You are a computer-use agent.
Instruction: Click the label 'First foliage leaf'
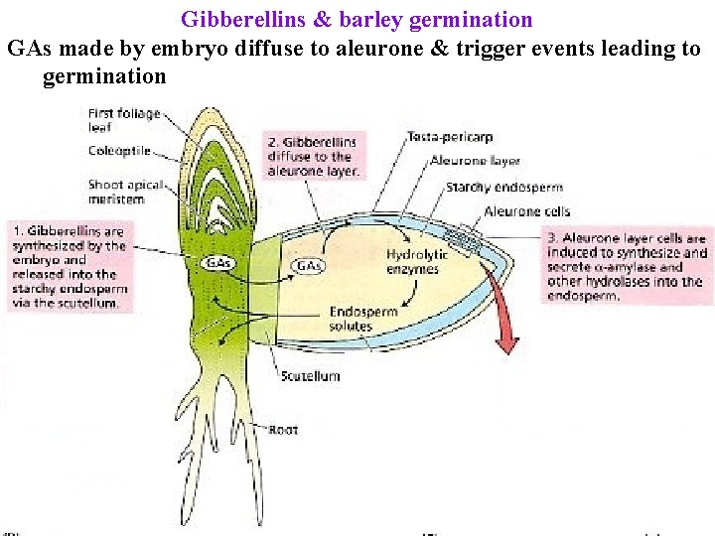click(124, 120)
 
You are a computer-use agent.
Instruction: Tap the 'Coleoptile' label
click(119, 151)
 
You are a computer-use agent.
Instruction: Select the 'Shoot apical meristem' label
click(119, 192)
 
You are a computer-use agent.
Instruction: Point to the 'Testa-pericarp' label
click(450, 137)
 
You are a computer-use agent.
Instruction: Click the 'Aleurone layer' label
click(475, 161)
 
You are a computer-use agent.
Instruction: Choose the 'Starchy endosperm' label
click(503, 187)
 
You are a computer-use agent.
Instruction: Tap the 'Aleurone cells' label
click(526, 211)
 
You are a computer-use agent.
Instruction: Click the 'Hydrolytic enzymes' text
click(416, 262)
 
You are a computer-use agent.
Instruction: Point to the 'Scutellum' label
click(310, 376)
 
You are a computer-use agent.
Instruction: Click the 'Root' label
click(284, 430)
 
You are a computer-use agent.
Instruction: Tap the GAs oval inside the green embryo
click(218, 263)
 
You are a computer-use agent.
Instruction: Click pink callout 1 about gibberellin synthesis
click(70, 266)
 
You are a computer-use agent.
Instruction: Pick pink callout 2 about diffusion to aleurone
click(313, 156)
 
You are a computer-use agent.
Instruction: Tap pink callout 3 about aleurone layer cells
click(627, 266)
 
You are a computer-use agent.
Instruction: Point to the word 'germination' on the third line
click(104, 76)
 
